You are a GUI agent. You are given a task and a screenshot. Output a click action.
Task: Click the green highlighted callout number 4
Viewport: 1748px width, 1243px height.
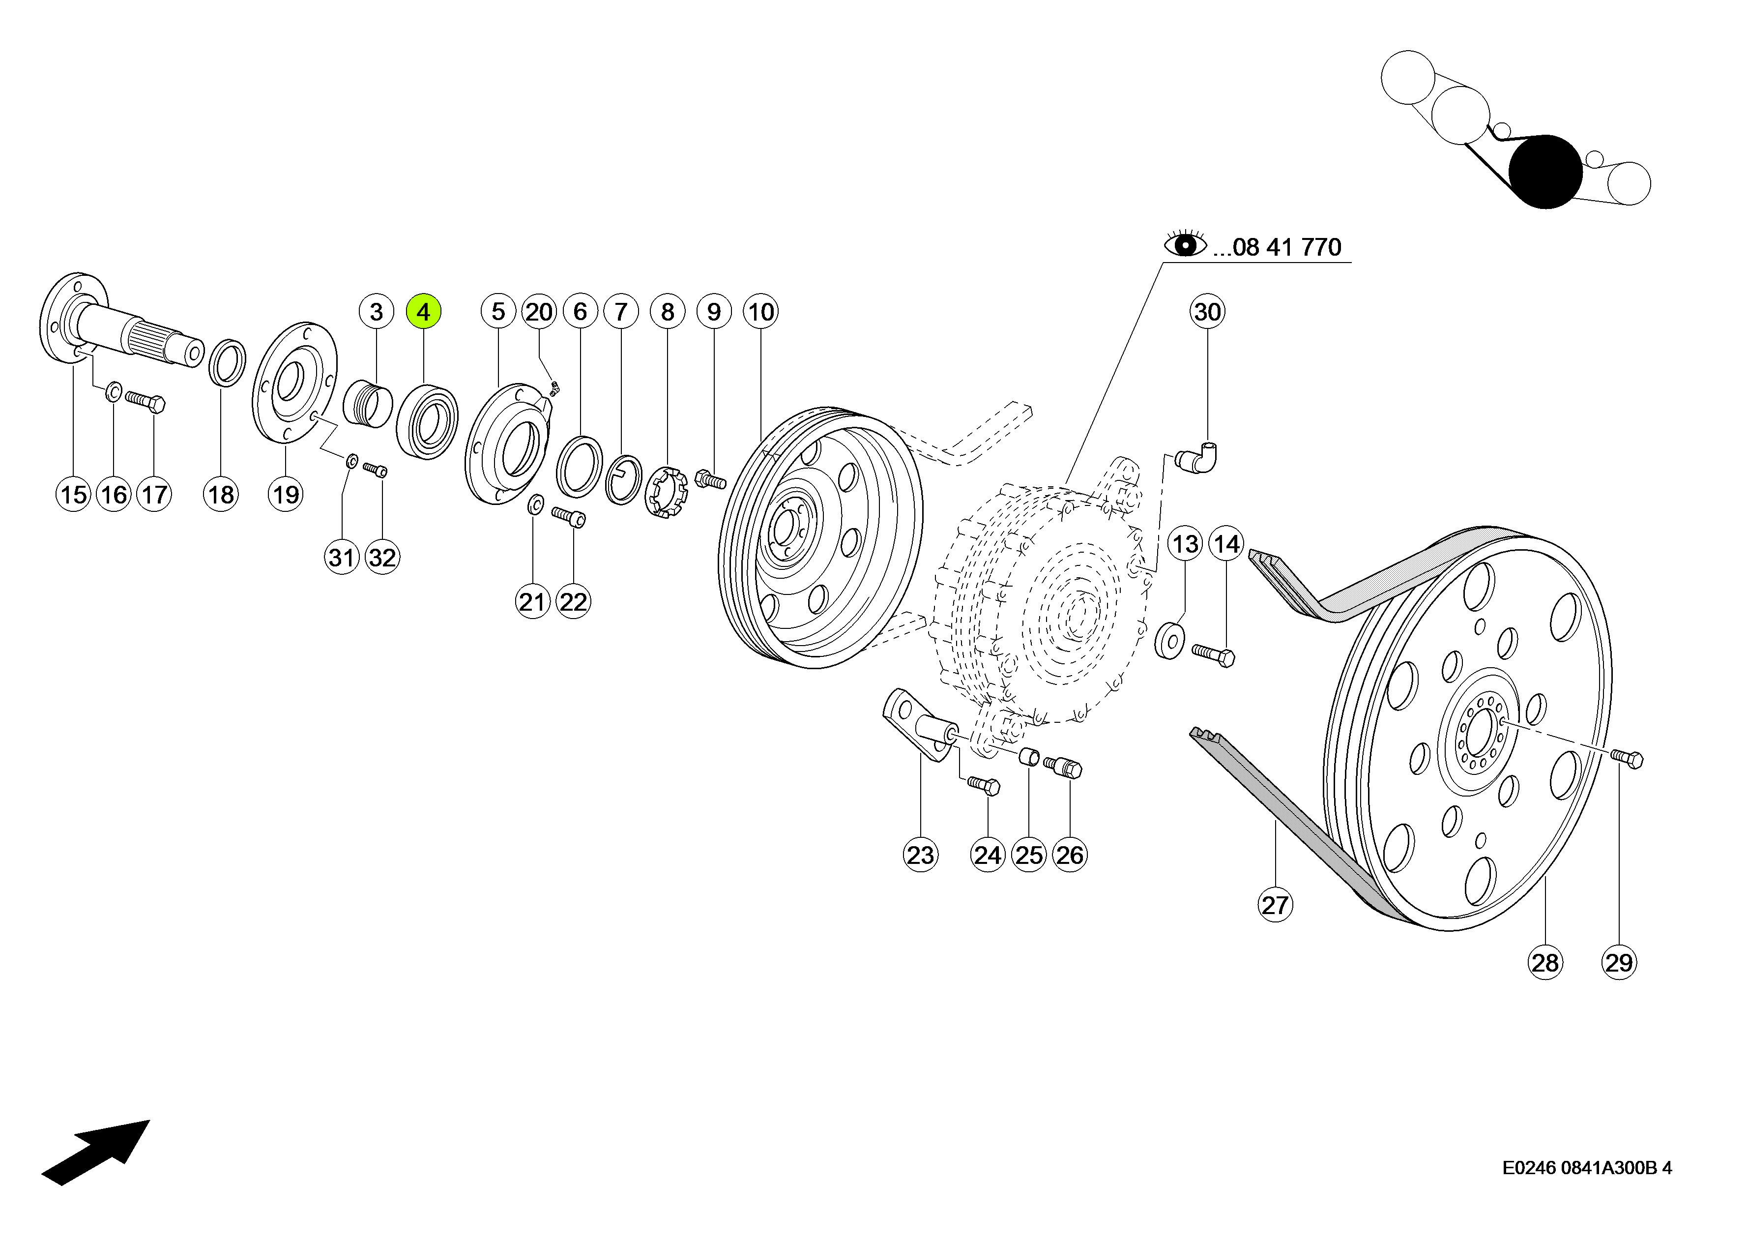[423, 312]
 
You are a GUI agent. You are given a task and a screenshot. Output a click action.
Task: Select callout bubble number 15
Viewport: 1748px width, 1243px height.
[73, 495]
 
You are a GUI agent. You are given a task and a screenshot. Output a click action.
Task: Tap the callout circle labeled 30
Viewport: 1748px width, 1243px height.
[1207, 312]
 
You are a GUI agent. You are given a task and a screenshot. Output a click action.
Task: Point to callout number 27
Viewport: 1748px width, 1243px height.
[1275, 905]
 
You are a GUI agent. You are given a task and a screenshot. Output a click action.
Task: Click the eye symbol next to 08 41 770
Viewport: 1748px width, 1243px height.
[1185, 244]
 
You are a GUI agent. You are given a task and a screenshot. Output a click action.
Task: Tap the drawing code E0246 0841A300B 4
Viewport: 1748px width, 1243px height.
[1587, 1168]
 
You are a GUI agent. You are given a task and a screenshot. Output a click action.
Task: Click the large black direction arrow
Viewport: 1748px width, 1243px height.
[96, 1152]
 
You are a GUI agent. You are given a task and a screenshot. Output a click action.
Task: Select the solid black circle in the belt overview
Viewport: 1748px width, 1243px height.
[1545, 172]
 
